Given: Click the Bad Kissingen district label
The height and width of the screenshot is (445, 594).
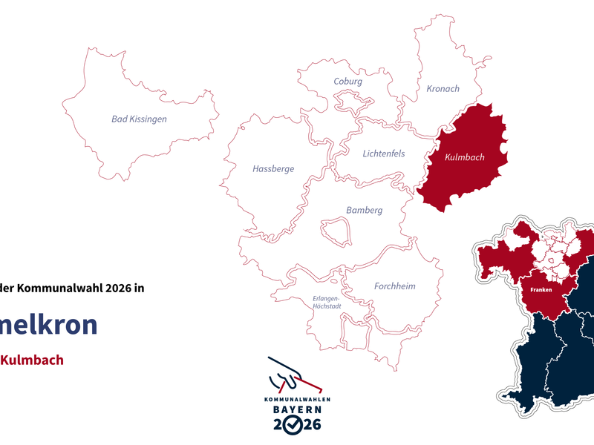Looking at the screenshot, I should (x=139, y=119).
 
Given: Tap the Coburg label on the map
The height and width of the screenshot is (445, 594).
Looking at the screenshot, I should (x=347, y=82).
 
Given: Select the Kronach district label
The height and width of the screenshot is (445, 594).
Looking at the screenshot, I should (x=443, y=89).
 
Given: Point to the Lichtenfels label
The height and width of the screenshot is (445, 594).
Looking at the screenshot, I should (x=384, y=154).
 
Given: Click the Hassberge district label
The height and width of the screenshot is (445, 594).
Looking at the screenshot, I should (x=273, y=169).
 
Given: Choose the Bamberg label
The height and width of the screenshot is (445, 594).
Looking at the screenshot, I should (x=364, y=211).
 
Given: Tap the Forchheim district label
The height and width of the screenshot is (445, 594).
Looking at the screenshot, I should (x=394, y=286).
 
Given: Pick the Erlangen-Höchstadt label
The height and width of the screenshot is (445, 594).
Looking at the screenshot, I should (x=327, y=304).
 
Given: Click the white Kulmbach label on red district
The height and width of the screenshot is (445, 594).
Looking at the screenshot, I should (x=464, y=158).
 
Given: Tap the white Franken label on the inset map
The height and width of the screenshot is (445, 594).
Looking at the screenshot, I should (x=541, y=291).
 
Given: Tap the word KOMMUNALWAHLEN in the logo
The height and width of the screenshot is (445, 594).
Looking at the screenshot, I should (x=296, y=399).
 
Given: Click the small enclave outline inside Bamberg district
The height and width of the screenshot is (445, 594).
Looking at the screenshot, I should (x=335, y=231).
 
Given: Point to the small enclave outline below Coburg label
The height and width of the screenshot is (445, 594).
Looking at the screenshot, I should (x=349, y=100).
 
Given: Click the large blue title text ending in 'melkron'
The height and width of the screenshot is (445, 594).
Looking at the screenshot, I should (x=48, y=325).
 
